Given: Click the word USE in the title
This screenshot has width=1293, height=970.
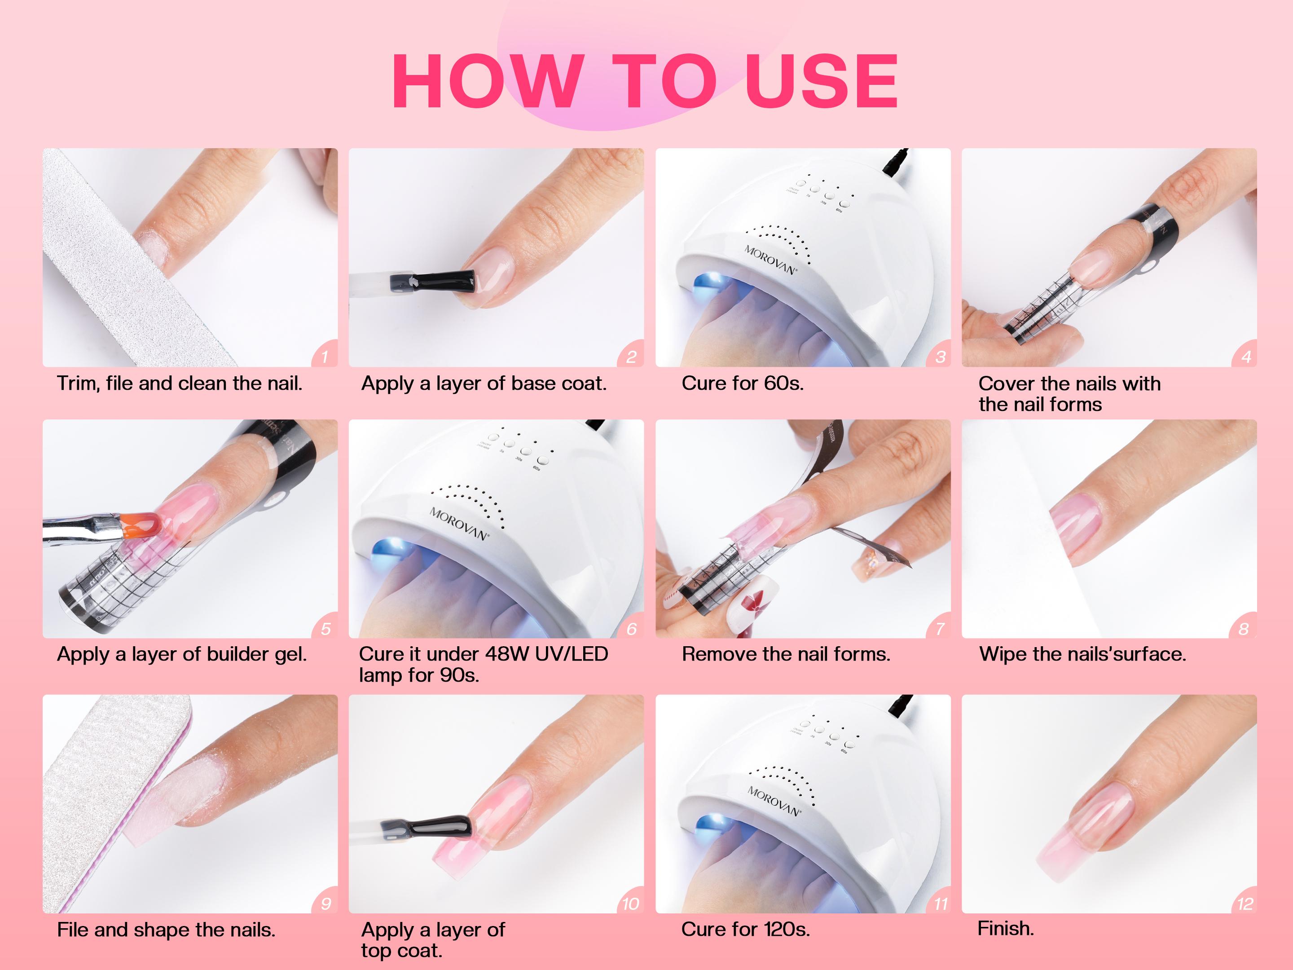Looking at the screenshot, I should pyautogui.click(x=821, y=81).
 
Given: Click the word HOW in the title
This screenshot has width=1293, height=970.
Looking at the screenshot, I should pyautogui.click(x=488, y=81).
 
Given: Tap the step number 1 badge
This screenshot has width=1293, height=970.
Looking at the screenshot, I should pyautogui.click(x=325, y=356).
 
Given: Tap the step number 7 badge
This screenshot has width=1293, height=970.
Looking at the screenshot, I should pyautogui.click(x=939, y=629).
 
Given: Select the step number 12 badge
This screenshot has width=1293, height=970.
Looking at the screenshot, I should pyautogui.click(x=1245, y=904).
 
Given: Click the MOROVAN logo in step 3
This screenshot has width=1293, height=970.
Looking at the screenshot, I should pyautogui.click(x=770, y=260).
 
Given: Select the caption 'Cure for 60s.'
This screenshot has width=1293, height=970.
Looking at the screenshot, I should pyautogui.click(x=743, y=384).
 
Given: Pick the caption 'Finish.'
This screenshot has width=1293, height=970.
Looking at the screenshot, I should pyautogui.click(x=1005, y=929).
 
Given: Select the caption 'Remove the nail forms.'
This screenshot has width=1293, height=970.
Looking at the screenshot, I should pyautogui.click(x=786, y=654).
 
